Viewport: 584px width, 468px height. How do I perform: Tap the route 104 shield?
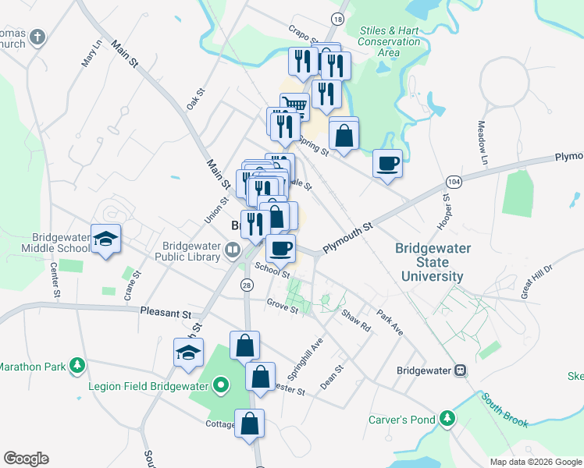[453, 182]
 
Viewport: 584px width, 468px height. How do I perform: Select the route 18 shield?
[337, 18]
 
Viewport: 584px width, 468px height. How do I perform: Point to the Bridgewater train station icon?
[461, 370]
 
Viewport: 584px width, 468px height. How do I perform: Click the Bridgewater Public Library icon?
[232, 250]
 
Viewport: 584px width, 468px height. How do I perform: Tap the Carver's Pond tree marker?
[447, 420]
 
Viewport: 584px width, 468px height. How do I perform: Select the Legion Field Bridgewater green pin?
[221, 385]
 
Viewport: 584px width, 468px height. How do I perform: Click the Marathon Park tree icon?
[77, 365]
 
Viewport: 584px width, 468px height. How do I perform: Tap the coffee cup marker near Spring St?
[388, 164]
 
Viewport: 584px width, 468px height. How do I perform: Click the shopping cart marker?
[294, 105]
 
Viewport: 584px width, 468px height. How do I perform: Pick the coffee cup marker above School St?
[280, 248]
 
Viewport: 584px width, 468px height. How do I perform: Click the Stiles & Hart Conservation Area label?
[390, 41]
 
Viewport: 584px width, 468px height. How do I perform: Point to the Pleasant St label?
[166, 313]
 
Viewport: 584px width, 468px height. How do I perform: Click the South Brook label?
[504, 410]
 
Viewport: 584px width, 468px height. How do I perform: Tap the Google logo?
[26, 459]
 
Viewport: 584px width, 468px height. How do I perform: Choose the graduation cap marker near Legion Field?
[188, 353]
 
